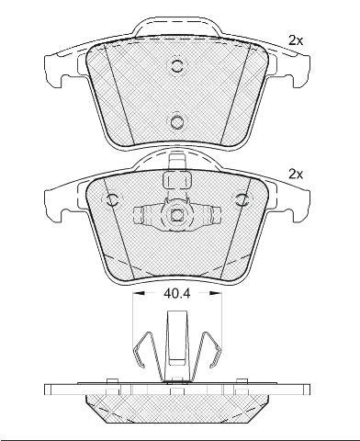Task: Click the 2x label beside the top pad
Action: pyautogui.click(x=296, y=40)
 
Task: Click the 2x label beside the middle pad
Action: pyautogui.click(x=296, y=175)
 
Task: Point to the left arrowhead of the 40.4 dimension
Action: pyautogui.click(x=140, y=293)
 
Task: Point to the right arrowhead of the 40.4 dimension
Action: pyautogui.click(x=214, y=293)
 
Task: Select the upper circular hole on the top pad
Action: pyautogui.click(x=176, y=65)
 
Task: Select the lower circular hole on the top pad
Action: pyautogui.click(x=176, y=122)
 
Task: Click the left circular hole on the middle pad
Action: pyautogui.click(x=112, y=199)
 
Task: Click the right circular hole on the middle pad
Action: pyautogui.click(x=243, y=199)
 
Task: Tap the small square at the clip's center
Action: pyautogui.click(x=176, y=215)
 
